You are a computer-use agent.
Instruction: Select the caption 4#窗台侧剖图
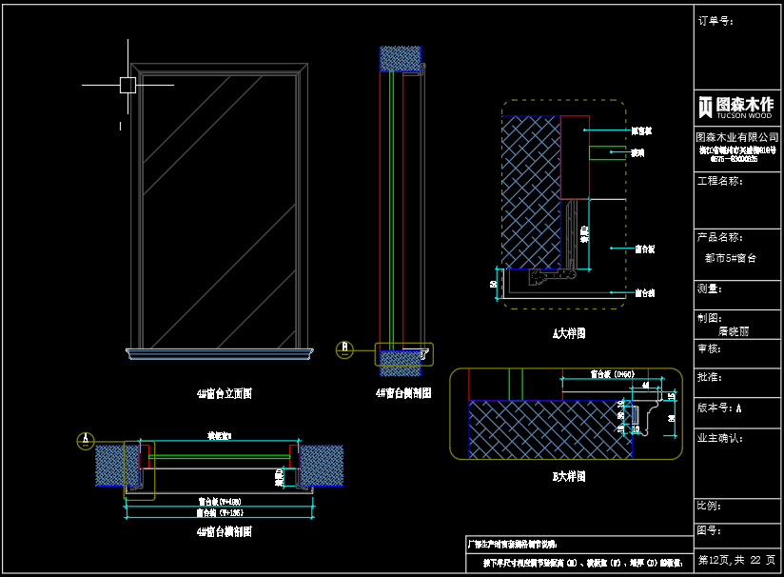[x=403, y=392]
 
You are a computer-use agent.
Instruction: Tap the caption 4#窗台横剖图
[x=224, y=531]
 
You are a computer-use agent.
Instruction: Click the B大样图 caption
[x=569, y=476]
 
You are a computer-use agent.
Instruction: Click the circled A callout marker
[x=87, y=440]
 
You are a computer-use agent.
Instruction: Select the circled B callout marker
[x=345, y=349]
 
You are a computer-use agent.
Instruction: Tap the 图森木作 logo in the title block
[x=735, y=106]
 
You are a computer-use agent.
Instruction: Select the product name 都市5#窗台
[x=730, y=258]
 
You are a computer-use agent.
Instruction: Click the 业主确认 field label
[x=720, y=438]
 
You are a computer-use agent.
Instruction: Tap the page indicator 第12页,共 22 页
[x=736, y=559]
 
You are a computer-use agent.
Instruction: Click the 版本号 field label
[x=719, y=408]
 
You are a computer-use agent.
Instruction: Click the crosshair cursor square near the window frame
[x=127, y=85]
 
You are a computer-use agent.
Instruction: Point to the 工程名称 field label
[x=720, y=180]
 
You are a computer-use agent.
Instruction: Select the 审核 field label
[x=710, y=349]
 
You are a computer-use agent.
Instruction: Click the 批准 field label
[x=710, y=378]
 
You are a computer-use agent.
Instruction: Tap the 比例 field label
[x=710, y=505]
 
